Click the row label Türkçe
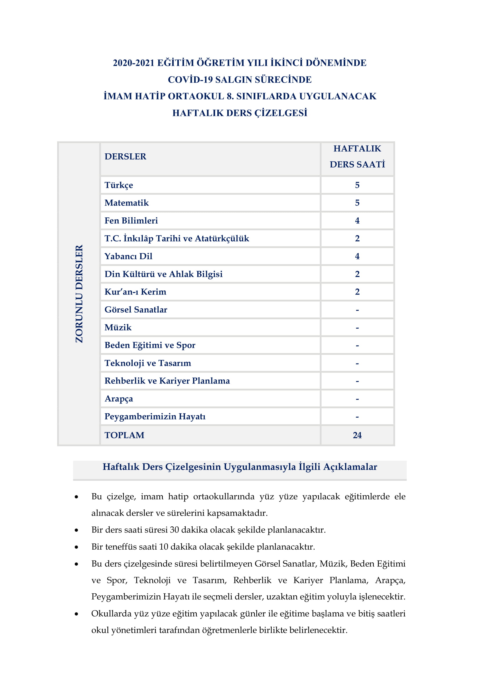pyautogui.click(x=118, y=185)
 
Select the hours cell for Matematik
pyautogui.click(x=357, y=203)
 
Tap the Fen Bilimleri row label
pyautogui.click(x=131, y=221)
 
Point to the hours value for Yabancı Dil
pyautogui.click(x=357, y=256)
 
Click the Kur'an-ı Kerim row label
pyautogui.click(x=135, y=292)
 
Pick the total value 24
pyautogui.click(x=357, y=435)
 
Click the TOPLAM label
pyautogui.click(x=124, y=435)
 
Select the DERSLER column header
pyautogui.click(x=125, y=157)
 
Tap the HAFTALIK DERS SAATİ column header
pyautogui.click(x=357, y=157)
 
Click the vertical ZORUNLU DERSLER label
pyautogui.click(x=79, y=294)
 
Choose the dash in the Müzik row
pyautogui.click(x=357, y=328)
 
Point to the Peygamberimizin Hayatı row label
pyautogui.click(x=155, y=416)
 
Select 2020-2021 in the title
pyautogui.click(x=133, y=63)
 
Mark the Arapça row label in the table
pyautogui.click(x=118, y=399)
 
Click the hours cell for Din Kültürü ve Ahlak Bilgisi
pyautogui.click(x=357, y=274)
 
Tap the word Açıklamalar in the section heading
pyautogui.click(x=350, y=467)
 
